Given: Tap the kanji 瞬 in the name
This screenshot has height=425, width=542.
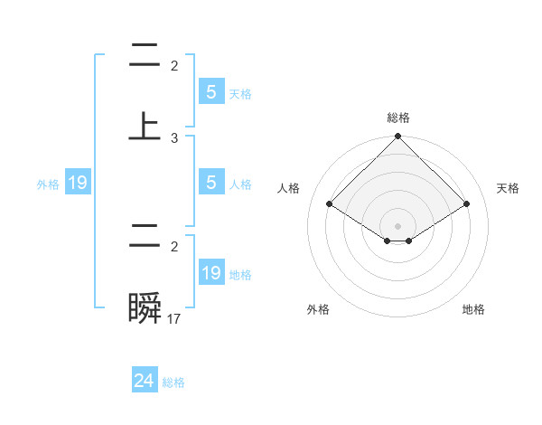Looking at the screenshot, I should click(145, 309).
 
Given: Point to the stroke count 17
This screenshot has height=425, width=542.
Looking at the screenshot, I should click(174, 318).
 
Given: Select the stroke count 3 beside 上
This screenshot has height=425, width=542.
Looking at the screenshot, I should click(174, 138).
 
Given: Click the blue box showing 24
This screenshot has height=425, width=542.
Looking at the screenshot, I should click(145, 382).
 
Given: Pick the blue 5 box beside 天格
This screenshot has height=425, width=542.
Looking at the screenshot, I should click(210, 92).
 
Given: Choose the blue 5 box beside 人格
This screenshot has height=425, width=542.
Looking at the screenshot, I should click(210, 183).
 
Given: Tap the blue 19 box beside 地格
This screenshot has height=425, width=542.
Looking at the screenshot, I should click(210, 273).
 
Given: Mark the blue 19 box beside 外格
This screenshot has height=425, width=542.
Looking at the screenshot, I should click(78, 184).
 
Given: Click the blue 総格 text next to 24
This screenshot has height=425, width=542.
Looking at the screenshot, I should click(173, 382).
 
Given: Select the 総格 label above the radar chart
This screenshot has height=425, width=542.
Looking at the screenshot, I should click(398, 118).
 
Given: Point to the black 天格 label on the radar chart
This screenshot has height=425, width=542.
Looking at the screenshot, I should click(508, 188).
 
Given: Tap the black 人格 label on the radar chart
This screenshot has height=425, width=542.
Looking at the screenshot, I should click(289, 188).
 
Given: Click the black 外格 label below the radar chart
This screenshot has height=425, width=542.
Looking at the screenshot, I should click(318, 309).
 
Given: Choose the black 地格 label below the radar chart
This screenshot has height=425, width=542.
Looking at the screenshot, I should click(473, 309).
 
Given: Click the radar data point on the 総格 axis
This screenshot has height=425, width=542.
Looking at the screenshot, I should click(398, 138).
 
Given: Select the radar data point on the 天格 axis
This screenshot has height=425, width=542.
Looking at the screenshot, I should click(467, 204).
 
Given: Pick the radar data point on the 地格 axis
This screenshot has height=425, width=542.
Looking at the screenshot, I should click(409, 241).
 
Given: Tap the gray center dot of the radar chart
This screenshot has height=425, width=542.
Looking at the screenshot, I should click(398, 226).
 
